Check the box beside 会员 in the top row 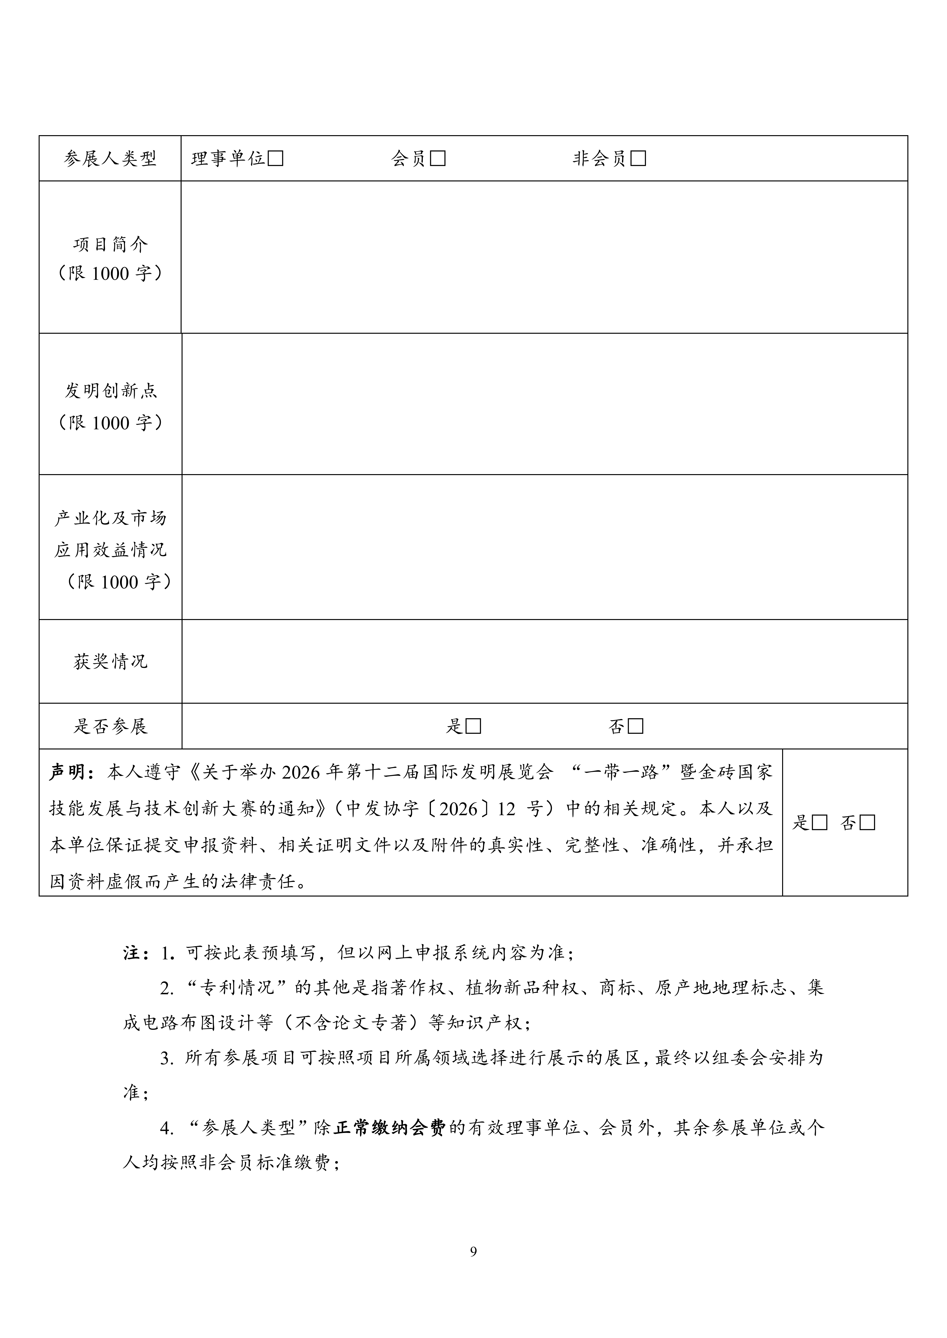pos(437,159)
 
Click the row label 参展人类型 pos(110,159)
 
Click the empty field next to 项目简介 pos(544,257)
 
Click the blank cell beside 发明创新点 pos(544,404)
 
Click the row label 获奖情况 pos(110,661)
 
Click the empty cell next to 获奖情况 pos(544,661)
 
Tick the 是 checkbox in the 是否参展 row pos(473,727)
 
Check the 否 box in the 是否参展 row pos(636,727)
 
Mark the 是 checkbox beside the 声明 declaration pos(820,823)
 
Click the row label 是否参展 pos(110,727)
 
